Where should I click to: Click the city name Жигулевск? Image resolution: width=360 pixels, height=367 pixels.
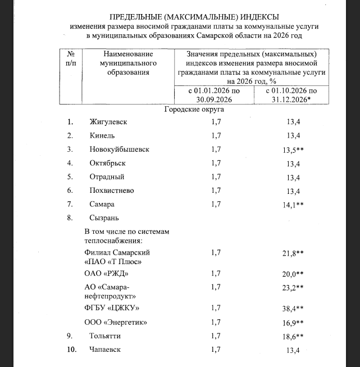108,122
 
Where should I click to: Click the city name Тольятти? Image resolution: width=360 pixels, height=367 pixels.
105,336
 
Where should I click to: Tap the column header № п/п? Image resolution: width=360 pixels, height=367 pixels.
71,58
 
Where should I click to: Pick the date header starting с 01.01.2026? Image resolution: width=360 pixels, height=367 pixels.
212,95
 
